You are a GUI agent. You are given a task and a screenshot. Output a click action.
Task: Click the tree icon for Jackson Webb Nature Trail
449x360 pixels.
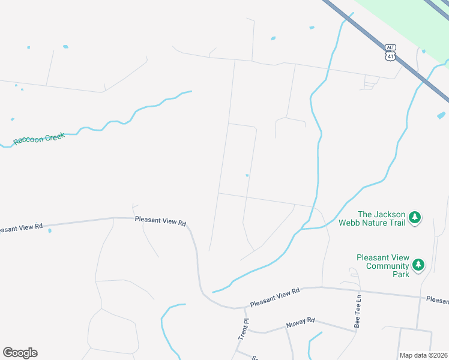(x=415, y=218)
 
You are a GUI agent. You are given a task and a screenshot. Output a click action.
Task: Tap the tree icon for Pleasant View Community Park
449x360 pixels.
(x=418, y=264)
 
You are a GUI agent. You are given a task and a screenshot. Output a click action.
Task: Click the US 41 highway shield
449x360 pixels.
(x=391, y=56)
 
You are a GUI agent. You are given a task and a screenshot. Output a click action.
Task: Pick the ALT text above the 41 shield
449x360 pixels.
(x=391, y=47)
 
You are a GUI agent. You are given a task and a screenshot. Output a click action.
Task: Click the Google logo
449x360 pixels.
(x=20, y=353)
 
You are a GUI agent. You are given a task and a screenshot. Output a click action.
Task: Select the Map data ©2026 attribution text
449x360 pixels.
(x=423, y=355)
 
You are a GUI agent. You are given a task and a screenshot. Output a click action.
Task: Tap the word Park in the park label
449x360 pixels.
(x=400, y=274)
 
